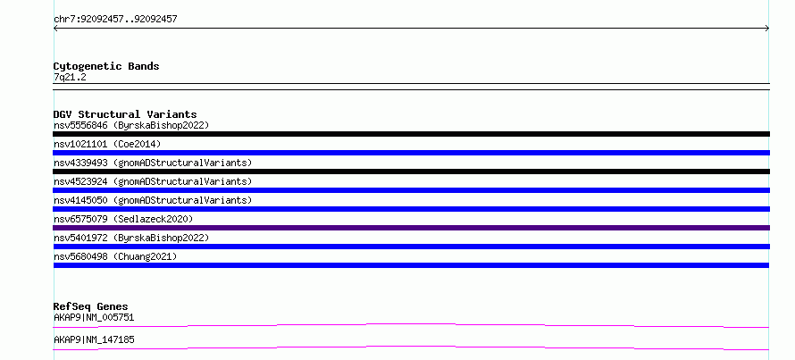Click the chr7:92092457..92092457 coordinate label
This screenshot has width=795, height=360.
(115, 20)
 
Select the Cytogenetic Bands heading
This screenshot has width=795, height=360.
(106, 66)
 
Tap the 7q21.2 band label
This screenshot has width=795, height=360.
(70, 78)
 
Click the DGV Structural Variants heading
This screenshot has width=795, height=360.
(125, 114)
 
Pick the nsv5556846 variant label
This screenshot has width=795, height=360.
(131, 125)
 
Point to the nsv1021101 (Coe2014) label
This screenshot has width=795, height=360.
(107, 144)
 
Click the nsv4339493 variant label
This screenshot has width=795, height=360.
(153, 163)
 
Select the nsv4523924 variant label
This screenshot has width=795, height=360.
(153, 181)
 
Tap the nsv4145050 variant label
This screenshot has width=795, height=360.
(153, 200)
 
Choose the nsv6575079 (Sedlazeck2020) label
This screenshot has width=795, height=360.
(123, 219)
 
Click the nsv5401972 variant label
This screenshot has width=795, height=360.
(131, 238)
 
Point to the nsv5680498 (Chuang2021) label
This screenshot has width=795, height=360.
(115, 256)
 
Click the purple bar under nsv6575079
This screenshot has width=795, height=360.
(411, 228)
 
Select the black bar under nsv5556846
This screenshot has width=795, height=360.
(411, 134)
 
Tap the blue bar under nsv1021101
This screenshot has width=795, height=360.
(411, 153)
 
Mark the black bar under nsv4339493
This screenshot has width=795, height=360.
(411, 172)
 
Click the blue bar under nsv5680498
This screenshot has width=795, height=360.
(411, 265)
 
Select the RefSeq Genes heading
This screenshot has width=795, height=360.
(90, 306)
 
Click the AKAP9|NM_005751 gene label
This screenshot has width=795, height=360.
(94, 318)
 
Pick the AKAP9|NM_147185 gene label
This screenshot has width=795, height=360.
(94, 339)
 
